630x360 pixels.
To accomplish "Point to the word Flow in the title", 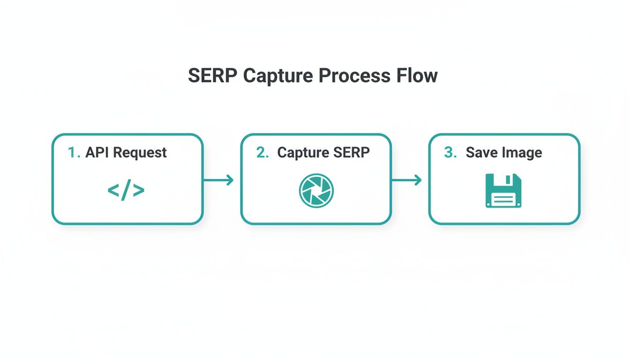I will pos(418,76).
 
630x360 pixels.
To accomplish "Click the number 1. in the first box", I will pos(74,153).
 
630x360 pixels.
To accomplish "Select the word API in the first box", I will pos(97,153).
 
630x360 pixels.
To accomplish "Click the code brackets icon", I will pos(126,190).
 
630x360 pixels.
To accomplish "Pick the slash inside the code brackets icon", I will pos(126,190).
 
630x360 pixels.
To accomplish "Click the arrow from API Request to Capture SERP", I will pos(218,180).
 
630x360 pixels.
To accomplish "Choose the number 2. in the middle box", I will pos(262,153).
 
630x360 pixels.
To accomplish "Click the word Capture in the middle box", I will pos(302,153).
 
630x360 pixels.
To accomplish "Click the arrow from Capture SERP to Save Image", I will pos(406,180).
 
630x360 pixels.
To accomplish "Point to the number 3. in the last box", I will pos(450,153).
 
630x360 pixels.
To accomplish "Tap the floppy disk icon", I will pos(503,191).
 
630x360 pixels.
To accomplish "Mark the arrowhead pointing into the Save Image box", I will pos(418,180).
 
